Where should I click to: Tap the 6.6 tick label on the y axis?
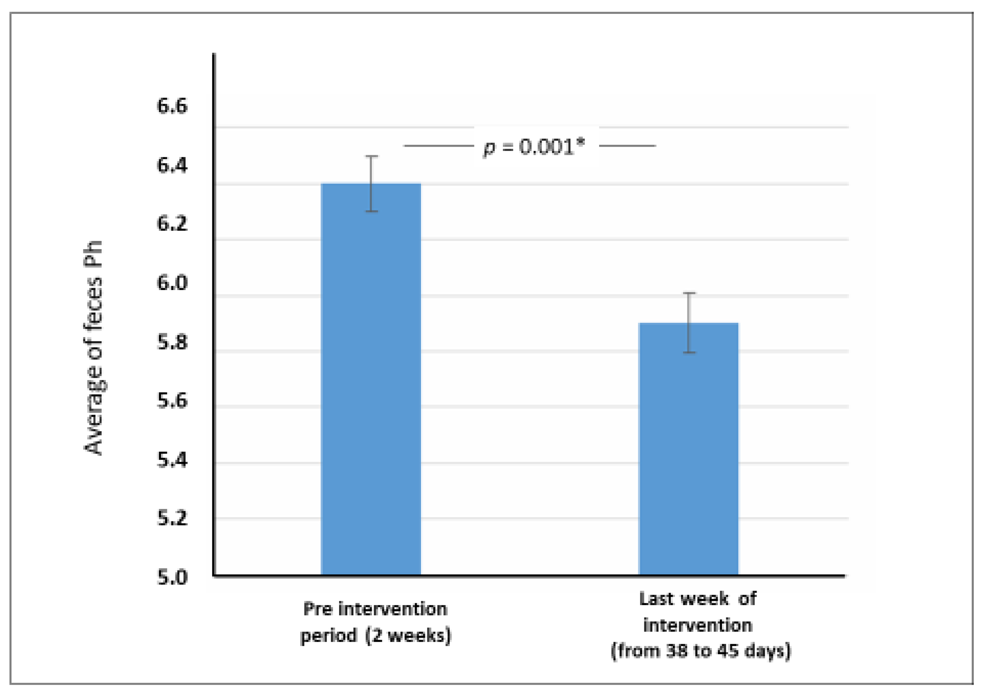(172, 106)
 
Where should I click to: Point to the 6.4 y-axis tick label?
(172, 165)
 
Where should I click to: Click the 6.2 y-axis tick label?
(172, 224)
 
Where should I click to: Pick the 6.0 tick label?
(172, 283)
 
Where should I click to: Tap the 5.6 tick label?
(172, 401)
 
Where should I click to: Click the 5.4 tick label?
(172, 460)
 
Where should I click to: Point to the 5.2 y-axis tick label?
(172, 518)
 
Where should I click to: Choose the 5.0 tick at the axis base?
(172, 577)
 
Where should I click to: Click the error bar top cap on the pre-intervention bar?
(372, 157)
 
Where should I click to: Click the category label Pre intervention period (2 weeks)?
(375, 622)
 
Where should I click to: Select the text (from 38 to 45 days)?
(701, 651)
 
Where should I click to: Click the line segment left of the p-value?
(438, 146)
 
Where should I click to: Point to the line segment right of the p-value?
(627, 146)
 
